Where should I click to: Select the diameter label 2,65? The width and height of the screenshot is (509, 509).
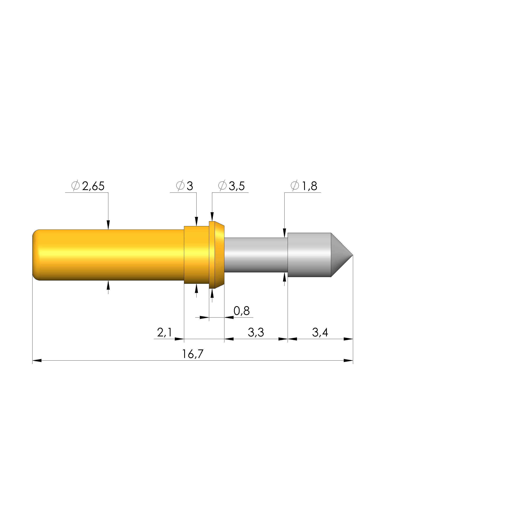[x=93, y=186]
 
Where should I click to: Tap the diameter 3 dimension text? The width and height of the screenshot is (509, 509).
[x=190, y=186]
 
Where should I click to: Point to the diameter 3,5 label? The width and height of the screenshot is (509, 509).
[x=237, y=186]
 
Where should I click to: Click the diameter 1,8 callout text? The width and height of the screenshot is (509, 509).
[x=309, y=186]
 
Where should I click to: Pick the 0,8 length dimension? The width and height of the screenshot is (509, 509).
[x=241, y=311]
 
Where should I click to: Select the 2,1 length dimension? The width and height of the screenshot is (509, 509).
[x=164, y=332]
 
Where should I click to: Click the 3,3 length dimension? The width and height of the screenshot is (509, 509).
[x=256, y=332]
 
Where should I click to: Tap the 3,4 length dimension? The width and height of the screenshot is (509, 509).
[x=320, y=332]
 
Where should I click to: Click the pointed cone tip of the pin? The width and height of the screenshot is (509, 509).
[x=353, y=255]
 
